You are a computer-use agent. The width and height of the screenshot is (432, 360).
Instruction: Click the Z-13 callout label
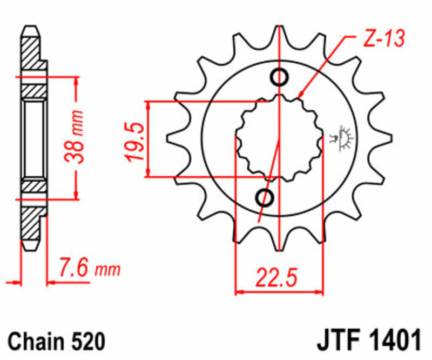tap(384, 38)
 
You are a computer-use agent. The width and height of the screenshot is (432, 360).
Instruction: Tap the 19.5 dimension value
tap(135, 142)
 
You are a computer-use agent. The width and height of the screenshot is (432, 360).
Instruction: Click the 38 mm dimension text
tap(73, 137)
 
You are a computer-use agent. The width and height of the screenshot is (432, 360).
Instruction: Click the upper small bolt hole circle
tap(280, 77)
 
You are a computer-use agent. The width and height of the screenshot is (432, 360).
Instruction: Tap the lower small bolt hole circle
tap(265, 197)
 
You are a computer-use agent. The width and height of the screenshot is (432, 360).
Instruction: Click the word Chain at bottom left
tap(35, 342)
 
